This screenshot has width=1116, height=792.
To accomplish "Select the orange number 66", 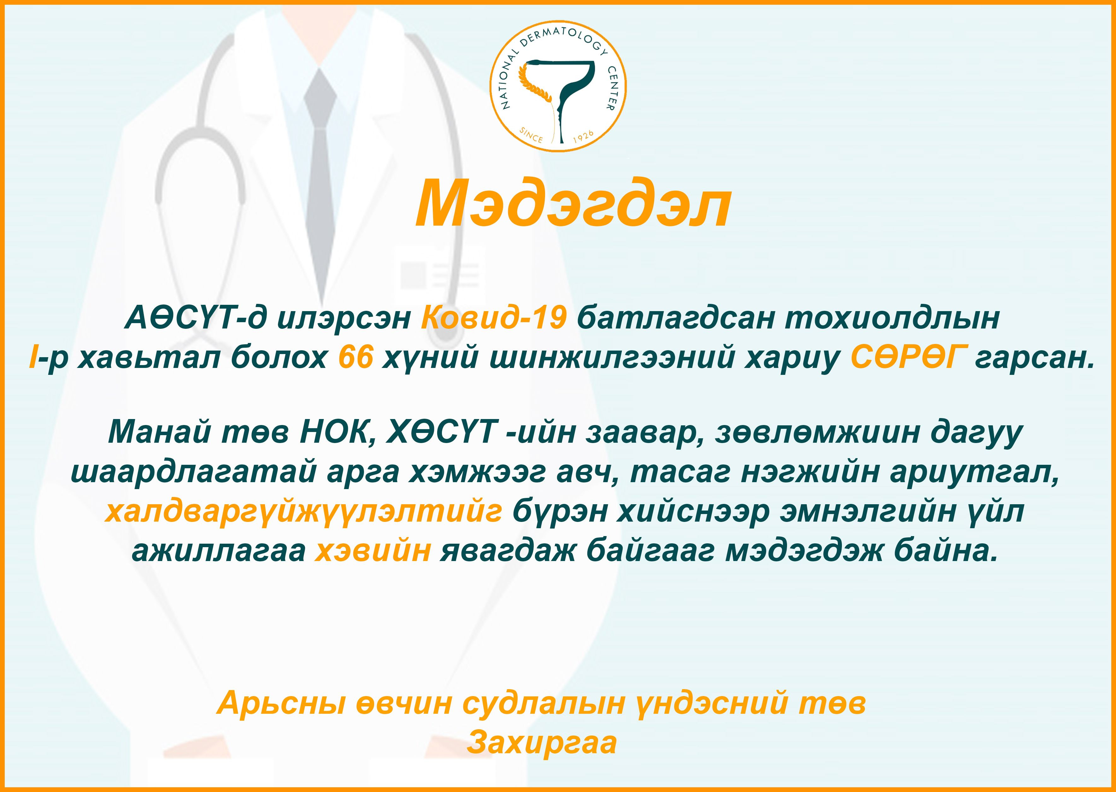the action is pos(356,358).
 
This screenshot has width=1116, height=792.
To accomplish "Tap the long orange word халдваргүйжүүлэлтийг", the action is pos(303,511).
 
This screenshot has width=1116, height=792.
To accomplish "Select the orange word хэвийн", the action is pos(373,552).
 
